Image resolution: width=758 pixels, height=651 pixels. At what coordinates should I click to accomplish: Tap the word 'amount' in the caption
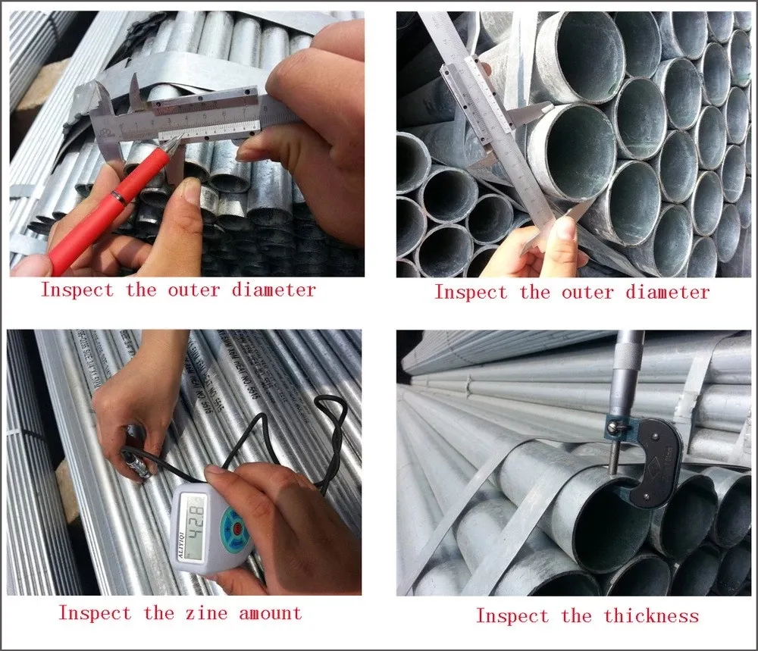[270, 613]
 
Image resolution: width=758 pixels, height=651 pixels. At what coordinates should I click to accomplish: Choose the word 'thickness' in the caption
[651, 616]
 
